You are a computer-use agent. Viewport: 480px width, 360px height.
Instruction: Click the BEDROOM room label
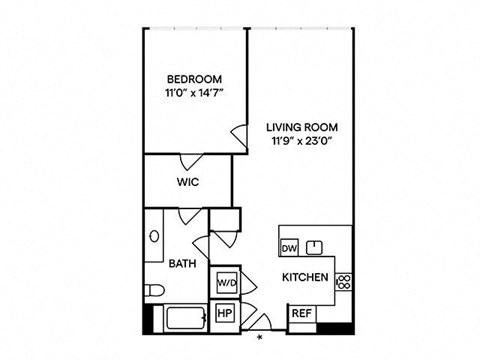[x=194, y=79]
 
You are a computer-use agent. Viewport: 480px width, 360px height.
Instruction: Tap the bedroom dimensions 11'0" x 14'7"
[x=194, y=93]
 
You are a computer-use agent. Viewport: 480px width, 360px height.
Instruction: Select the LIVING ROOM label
[x=302, y=127]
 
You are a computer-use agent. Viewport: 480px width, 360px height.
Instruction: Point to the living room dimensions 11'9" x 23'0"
[x=303, y=141]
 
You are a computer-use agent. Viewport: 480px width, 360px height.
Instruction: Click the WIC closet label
[x=188, y=182]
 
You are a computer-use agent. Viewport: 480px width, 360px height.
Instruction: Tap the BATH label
[x=182, y=264]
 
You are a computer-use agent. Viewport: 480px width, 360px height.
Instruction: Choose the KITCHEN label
[x=305, y=277]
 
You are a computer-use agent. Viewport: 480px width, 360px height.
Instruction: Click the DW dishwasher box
[x=289, y=248]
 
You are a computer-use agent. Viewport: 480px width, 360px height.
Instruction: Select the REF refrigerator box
[x=302, y=313]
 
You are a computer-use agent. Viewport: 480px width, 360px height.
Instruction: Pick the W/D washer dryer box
[x=227, y=283]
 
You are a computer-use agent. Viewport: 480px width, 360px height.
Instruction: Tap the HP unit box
[x=225, y=313]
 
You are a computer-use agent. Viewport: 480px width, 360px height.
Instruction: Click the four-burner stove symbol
[x=344, y=282]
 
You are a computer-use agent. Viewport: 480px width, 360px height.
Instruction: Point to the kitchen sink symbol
[x=314, y=247]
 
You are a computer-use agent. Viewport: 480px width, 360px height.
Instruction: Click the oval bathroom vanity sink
[x=154, y=236]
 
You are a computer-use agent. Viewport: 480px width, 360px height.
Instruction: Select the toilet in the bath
[x=154, y=290]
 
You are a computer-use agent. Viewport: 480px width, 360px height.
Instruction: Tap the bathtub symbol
[x=186, y=319]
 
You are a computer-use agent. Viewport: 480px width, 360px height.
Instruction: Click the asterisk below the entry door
[x=260, y=338]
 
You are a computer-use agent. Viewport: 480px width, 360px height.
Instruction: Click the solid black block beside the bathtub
[x=148, y=319]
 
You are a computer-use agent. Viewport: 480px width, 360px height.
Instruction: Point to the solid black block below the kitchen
[x=335, y=328]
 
